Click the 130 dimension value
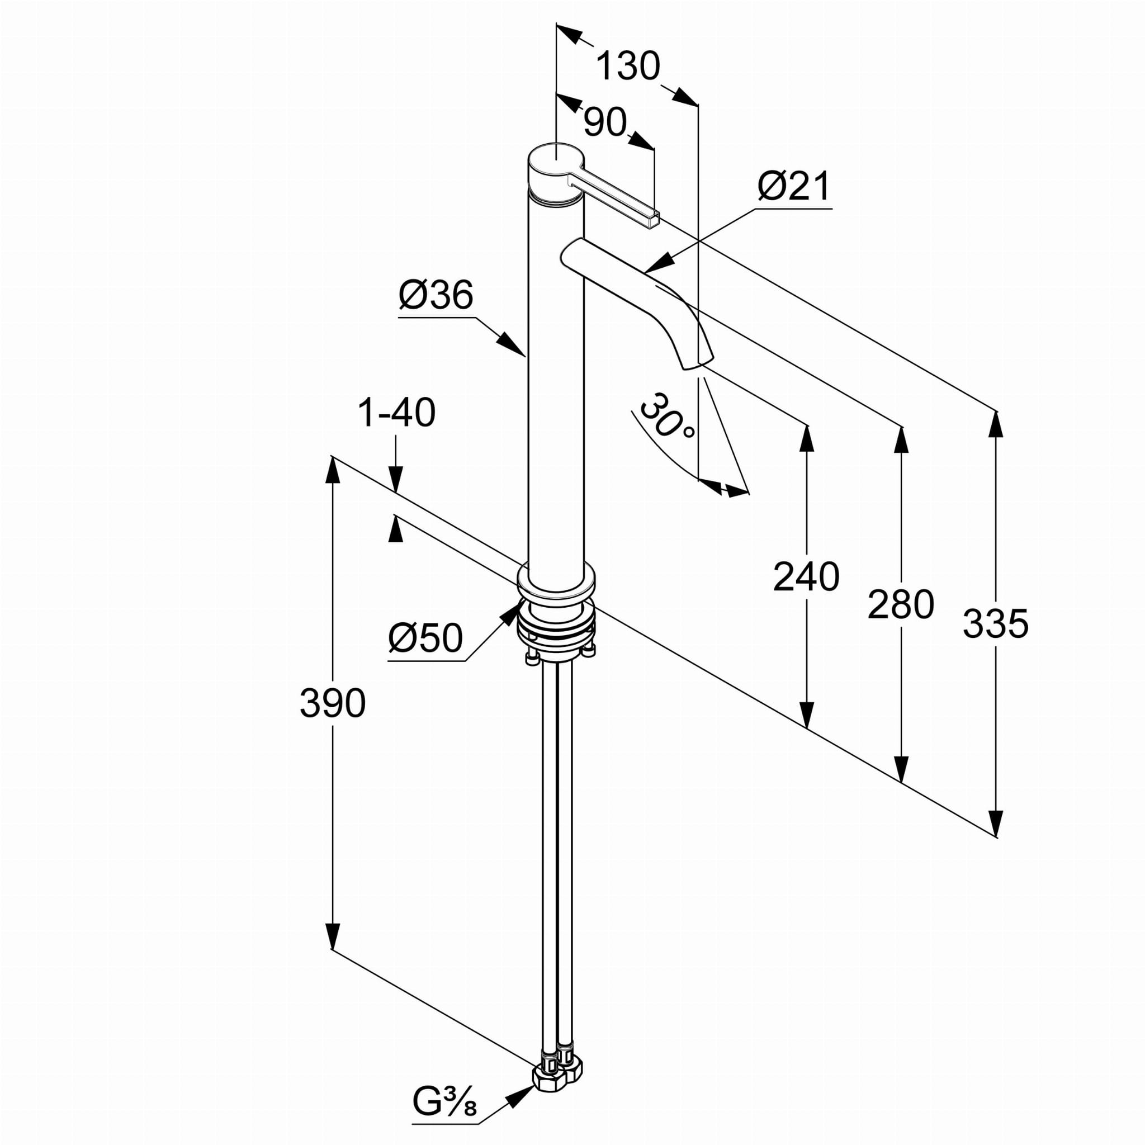point(628,66)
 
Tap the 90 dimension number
point(604,122)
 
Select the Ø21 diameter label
point(794,187)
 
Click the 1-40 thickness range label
point(396,413)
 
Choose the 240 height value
point(806,576)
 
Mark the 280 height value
point(901,605)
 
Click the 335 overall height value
point(996,624)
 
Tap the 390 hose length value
point(333,703)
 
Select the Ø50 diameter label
point(425,638)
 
